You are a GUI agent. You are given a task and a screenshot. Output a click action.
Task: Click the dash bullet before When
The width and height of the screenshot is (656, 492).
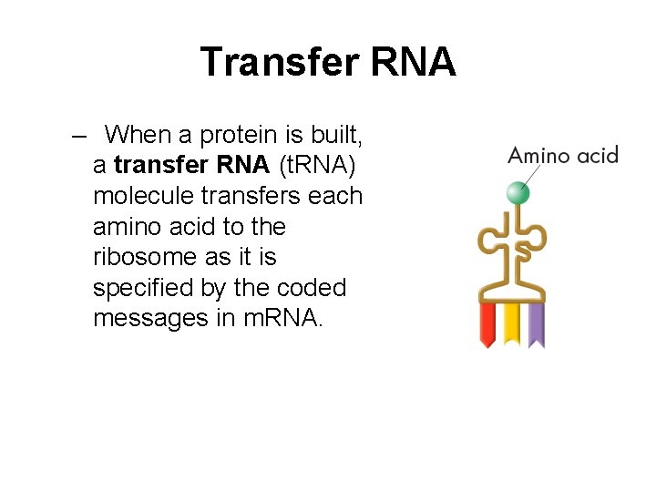coord(79,136)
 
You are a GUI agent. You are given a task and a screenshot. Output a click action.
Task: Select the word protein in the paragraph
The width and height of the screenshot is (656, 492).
coord(240,136)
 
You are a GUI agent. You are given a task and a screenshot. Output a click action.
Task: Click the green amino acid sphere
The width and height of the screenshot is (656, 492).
coord(518,192)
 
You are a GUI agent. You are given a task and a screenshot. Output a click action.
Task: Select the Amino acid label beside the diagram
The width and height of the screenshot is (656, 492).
coord(562,155)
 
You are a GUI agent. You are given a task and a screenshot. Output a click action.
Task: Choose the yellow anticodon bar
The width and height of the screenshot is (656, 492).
coord(512,324)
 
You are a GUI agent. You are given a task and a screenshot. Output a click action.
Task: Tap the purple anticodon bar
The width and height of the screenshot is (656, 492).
coord(536,324)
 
